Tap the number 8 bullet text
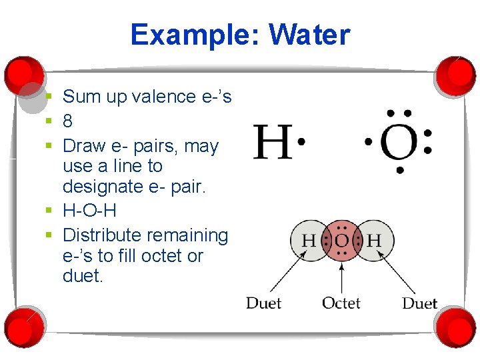click(x=67, y=121)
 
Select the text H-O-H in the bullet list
click(x=89, y=211)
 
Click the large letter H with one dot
click(x=273, y=142)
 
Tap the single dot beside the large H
click(x=301, y=141)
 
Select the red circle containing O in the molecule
click(x=341, y=241)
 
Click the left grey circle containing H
click(x=309, y=241)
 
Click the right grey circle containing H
click(x=374, y=241)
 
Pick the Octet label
click(x=341, y=303)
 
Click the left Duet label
click(x=263, y=303)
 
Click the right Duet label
click(x=419, y=303)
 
